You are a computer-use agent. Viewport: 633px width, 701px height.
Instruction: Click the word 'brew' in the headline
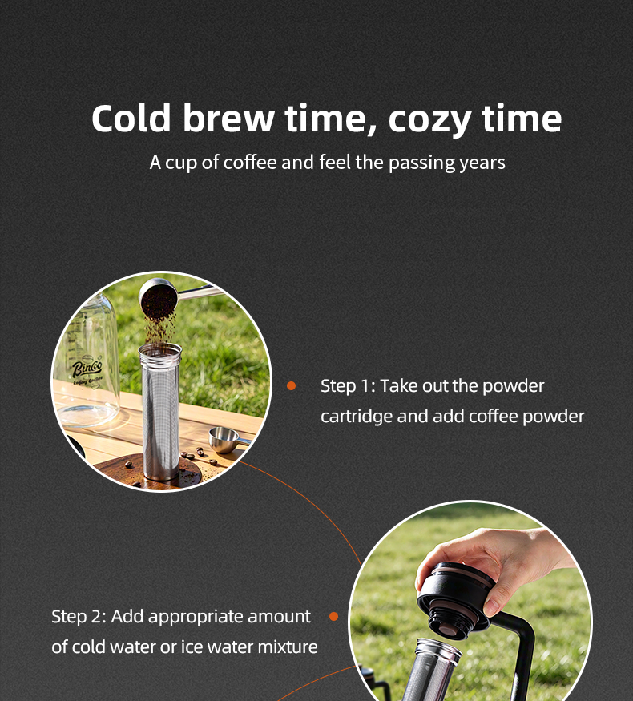pyautogui.click(x=228, y=118)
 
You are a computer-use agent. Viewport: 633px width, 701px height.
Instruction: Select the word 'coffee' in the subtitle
pyautogui.click(x=249, y=162)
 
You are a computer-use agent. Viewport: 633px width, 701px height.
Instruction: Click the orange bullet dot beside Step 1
pyautogui.click(x=291, y=385)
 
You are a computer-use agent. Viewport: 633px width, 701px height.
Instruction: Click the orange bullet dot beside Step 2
pyautogui.click(x=333, y=617)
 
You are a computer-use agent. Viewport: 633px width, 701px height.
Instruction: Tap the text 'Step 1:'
pyautogui.click(x=348, y=386)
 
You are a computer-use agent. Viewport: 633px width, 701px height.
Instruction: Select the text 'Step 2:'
pyautogui.click(x=79, y=617)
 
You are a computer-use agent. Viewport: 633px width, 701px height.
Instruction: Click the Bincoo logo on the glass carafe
pyautogui.click(x=87, y=369)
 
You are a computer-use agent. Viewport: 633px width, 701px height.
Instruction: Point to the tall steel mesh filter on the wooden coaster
pyautogui.click(x=160, y=411)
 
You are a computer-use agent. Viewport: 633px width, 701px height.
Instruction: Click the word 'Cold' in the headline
pyautogui.click(x=131, y=118)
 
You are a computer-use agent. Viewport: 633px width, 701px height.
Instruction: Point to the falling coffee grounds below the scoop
pyautogui.click(x=159, y=328)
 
